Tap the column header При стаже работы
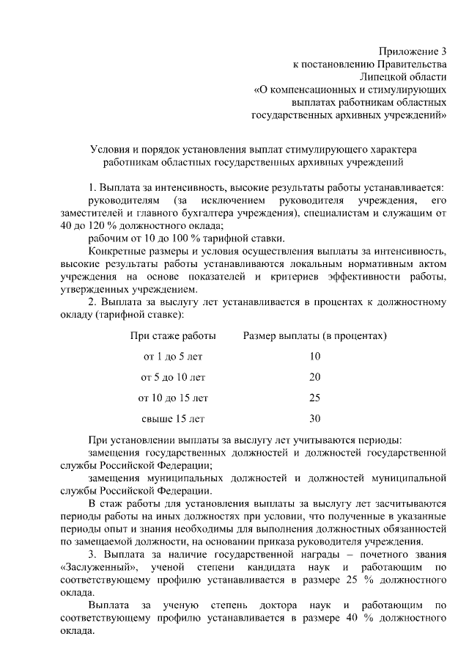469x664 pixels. [173, 336]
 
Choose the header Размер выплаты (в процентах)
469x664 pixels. [315, 336]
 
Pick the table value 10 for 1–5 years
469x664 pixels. [315, 357]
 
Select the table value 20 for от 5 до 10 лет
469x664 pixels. [315, 377]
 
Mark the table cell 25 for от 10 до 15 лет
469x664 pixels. [315, 398]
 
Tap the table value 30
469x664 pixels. [315, 419]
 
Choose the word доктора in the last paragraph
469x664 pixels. [278, 606]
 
